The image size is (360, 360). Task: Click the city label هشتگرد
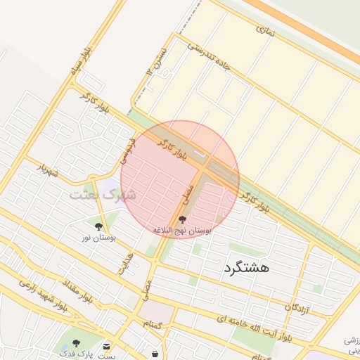[245, 267]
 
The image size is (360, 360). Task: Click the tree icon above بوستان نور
[98, 226]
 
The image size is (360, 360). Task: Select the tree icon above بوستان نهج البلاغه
[183, 219]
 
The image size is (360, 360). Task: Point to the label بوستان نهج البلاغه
[183, 231]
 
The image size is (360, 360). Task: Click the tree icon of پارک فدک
[76, 343]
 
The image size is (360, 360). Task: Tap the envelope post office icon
[106, 346]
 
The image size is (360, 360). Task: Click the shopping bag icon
[155, 353]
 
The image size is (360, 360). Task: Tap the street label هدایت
[127, 263]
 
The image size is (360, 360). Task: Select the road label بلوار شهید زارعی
[42, 296]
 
